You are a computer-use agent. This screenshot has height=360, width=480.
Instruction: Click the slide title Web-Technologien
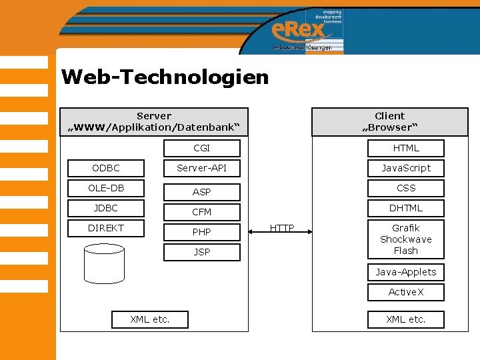pyautogui.click(x=165, y=77)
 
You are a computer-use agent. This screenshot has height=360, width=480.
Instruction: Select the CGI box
pyautogui.click(x=201, y=148)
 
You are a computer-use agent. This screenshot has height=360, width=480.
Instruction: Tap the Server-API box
pyautogui.click(x=201, y=168)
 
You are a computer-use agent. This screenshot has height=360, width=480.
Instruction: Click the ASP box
pyautogui.click(x=201, y=192)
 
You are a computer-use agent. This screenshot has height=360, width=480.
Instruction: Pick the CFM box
pyautogui.click(x=201, y=212)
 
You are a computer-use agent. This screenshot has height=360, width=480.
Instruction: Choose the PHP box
pyautogui.click(x=201, y=232)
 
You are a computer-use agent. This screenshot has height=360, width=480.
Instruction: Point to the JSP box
pyautogui.click(x=201, y=252)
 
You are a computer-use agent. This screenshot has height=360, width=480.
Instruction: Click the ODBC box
pyautogui.click(x=105, y=168)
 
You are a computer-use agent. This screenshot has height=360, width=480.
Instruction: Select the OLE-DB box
pyautogui.click(x=105, y=188)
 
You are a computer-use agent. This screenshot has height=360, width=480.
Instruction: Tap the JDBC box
pyautogui.click(x=105, y=208)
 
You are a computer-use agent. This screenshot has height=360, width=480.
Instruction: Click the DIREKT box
pyautogui.click(x=105, y=228)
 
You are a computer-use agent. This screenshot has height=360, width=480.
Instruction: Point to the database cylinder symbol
pyautogui.click(x=104, y=263)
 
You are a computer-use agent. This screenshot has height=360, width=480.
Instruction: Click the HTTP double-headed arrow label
pyautogui.click(x=282, y=229)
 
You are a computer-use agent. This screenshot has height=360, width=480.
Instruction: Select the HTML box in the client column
pyautogui.click(x=405, y=148)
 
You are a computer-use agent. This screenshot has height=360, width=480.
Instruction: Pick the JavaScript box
pyautogui.click(x=405, y=168)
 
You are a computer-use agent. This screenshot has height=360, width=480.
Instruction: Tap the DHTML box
pyautogui.click(x=405, y=208)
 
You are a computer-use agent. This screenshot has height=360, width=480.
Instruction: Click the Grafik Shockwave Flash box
pyautogui.click(x=405, y=239)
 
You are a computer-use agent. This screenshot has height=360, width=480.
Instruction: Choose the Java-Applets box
pyautogui.click(x=405, y=272)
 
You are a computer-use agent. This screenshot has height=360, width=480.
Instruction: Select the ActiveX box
pyautogui.click(x=405, y=292)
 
